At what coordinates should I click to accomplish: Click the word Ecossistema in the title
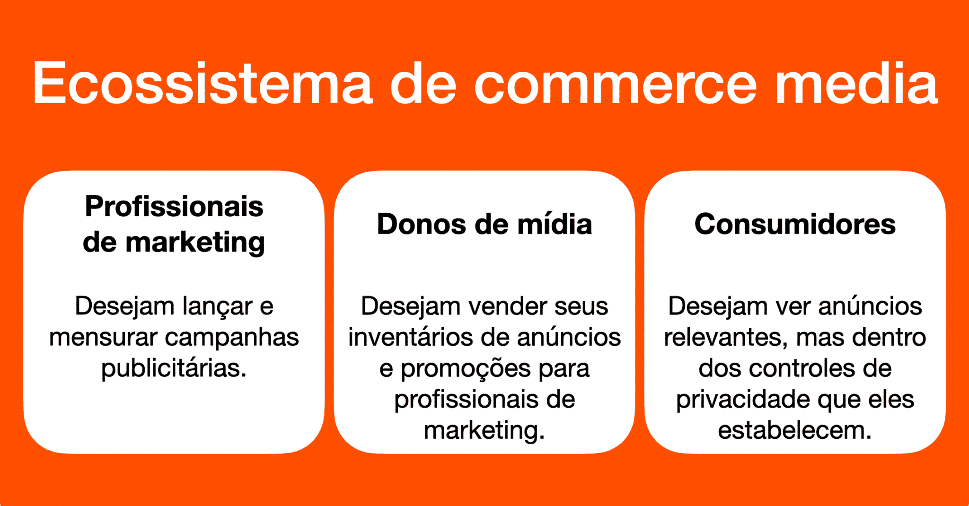[203, 83]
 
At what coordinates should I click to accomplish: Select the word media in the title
[856, 83]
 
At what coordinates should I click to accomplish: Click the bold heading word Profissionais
[174, 207]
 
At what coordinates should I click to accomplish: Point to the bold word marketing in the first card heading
[195, 243]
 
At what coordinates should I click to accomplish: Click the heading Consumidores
[795, 224]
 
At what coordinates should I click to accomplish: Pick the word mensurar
[103, 338]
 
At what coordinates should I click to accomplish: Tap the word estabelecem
[794, 430]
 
